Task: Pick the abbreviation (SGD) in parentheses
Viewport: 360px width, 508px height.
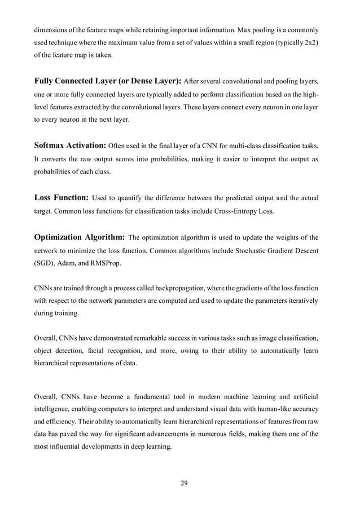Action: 45,263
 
